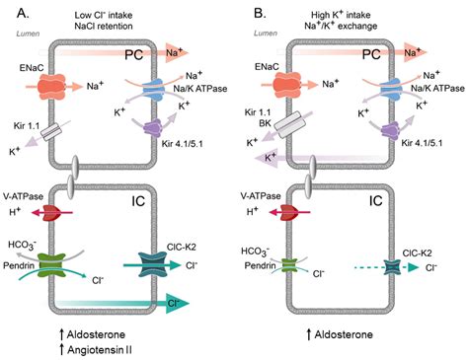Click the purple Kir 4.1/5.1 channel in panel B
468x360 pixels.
[x=382, y=127]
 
